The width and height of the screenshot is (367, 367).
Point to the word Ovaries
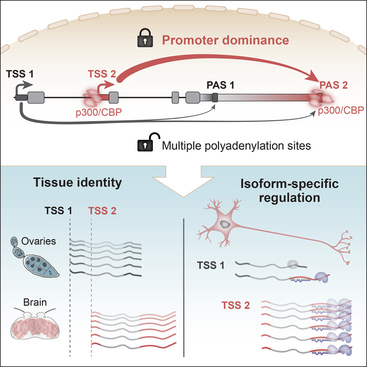pyautogui.click(x=43, y=242)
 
